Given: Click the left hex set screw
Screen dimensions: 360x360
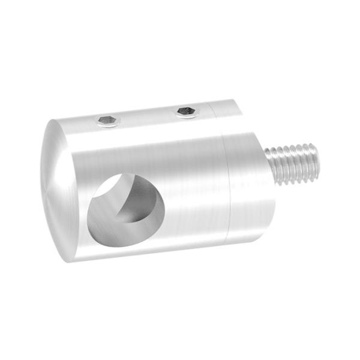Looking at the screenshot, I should click(109, 122).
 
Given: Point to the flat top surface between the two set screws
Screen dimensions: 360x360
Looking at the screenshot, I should click(148, 116).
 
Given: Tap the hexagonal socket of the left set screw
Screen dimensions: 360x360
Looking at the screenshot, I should click(109, 122).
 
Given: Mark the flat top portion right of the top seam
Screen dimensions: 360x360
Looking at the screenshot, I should click(222, 107).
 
